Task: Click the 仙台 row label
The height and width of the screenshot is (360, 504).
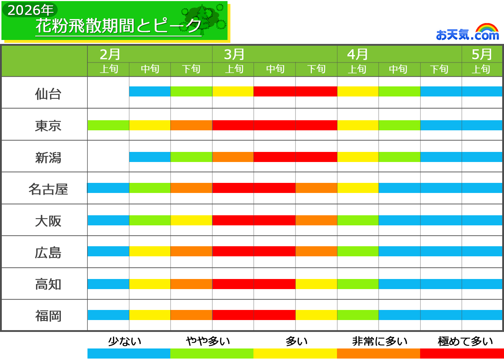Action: [x=48, y=94]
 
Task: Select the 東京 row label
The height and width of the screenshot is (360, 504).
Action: [x=48, y=126]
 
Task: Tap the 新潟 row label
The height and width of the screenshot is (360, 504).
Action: [x=48, y=158]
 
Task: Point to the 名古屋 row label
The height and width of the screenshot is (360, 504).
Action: [x=48, y=189]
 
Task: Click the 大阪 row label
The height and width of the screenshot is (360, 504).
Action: [x=48, y=221]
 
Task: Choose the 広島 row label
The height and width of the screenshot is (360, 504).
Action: [x=48, y=253]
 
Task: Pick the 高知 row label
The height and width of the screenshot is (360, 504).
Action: [x=48, y=284]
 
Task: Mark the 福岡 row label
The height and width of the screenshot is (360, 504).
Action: [x=48, y=316]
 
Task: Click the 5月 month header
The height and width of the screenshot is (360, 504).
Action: [x=482, y=54]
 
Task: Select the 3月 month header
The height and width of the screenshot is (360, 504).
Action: [x=234, y=54]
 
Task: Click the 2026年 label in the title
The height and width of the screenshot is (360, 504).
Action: [x=30, y=10]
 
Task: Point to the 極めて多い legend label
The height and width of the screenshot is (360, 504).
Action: [x=465, y=341]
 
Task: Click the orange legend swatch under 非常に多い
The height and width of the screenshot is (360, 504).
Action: [x=378, y=353]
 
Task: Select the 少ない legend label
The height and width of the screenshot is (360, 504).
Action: [x=125, y=341]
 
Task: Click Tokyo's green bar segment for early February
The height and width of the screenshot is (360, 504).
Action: [x=108, y=125]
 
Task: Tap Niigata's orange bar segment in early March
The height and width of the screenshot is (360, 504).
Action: [x=233, y=157]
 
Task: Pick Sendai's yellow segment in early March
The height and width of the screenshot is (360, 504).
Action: [x=233, y=91]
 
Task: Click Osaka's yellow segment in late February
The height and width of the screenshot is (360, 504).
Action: [x=191, y=220]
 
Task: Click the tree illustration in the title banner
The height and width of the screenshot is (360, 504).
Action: [x=204, y=20]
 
